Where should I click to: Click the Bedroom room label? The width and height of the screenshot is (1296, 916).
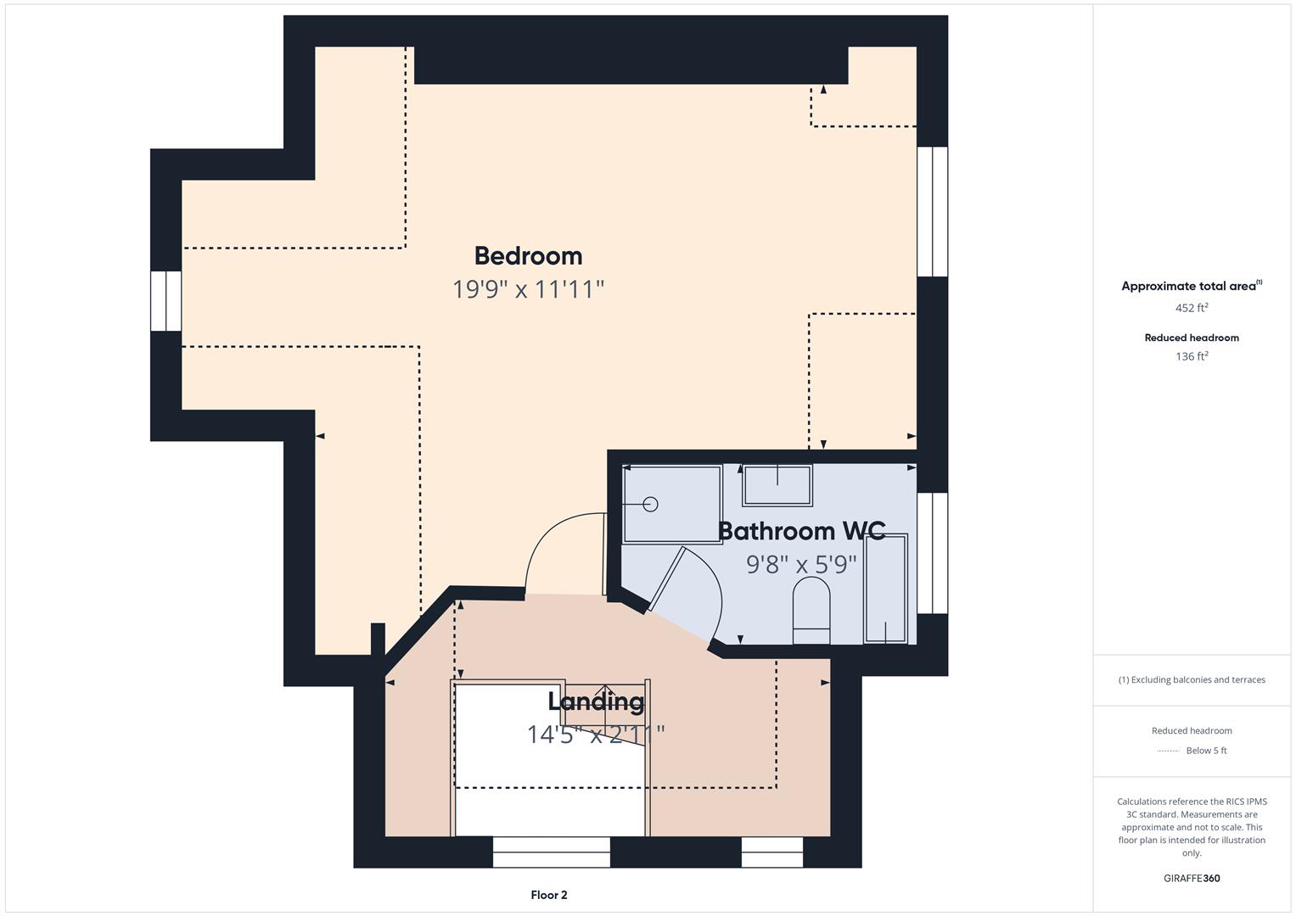tap(528, 256)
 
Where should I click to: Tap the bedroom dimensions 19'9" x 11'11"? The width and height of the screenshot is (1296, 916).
tap(528, 289)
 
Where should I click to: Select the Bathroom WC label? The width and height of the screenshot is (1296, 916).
tap(802, 531)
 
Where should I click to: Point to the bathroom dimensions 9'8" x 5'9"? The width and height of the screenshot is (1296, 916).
tap(801, 564)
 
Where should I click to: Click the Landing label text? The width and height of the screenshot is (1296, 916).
tap(596, 701)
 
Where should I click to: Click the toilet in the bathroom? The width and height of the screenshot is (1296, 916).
tap(811, 610)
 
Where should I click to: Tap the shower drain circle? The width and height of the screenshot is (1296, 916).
tap(650, 505)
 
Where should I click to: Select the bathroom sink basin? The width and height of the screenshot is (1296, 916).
tap(777, 484)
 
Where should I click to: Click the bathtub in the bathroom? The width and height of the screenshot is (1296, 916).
tap(885, 588)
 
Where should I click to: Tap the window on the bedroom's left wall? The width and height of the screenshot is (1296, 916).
tap(166, 301)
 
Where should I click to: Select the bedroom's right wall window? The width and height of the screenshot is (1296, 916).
tap(932, 212)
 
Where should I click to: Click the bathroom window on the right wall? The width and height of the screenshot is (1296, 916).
tap(932, 553)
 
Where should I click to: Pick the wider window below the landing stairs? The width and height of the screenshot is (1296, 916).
tap(552, 852)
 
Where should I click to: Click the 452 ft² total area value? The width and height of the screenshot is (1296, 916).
tap(1192, 308)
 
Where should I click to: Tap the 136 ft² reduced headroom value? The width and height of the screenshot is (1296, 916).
tap(1192, 356)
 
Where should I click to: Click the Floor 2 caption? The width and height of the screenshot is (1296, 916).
tap(549, 895)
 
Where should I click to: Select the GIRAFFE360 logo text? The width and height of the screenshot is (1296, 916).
tap(1192, 878)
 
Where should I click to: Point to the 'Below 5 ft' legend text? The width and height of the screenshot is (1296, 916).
tap(1206, 750)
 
